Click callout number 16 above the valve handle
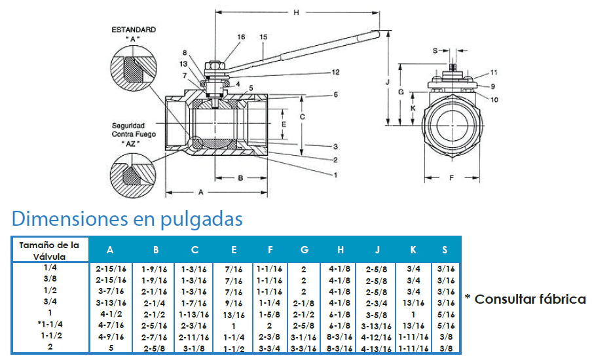pyautogui.click(x=241, y=37)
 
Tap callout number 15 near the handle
pyautogui.click(x=263, y=37)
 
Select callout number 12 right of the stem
pyautogui.click(x=336, y=72)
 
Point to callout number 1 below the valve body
pyautogui.click(x=335, y=175)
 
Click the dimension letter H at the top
pyautogui.click(x=297, y=13)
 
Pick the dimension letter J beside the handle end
pyautogui.click(x=387, y=82)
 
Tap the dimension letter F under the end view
pyautogui.click(x=452, y=177)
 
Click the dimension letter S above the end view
pyautogui.click(x=435, y=50)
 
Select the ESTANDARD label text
pyautogui.click(x=134, y=29)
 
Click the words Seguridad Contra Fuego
pyautogui.click(x=134, y=130)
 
